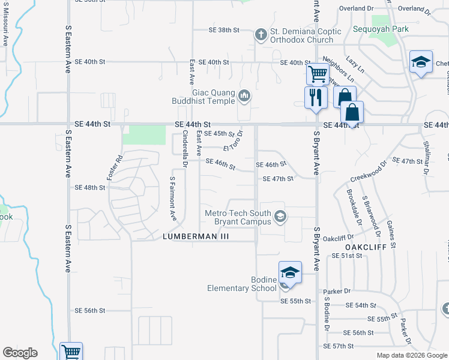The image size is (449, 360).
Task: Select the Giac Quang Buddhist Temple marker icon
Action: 244,95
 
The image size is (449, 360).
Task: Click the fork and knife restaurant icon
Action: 315,97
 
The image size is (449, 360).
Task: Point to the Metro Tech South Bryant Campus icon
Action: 279,216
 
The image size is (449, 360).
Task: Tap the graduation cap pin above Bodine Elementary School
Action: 289,272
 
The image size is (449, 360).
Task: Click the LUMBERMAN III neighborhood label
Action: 196,237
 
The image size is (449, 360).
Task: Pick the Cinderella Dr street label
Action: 185,148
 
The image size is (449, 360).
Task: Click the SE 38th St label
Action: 224,29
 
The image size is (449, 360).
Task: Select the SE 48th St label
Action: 90,187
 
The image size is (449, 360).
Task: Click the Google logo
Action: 20,353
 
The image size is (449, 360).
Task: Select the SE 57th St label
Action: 340,346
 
